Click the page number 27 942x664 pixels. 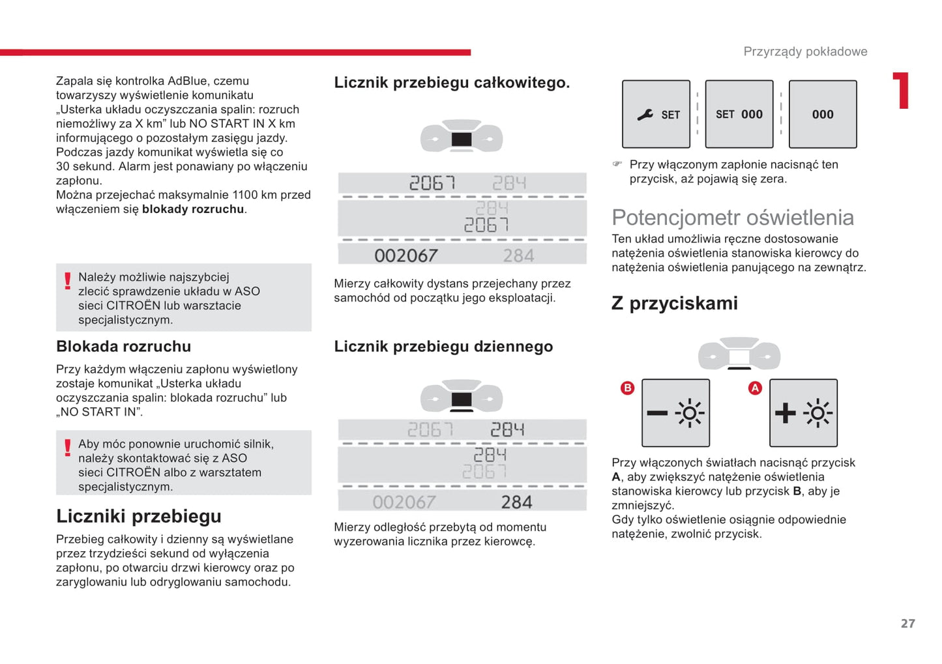point(907,624)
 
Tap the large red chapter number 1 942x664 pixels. point(902,91)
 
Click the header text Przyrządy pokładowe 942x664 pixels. point(805,51)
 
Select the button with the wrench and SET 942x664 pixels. point(656,114)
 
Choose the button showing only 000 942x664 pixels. point(822,114)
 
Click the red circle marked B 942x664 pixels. point(627,388)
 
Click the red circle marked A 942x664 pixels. point(755,388)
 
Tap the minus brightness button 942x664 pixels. point(675,413)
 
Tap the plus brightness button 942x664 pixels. point(803,413)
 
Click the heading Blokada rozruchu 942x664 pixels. point(123,347)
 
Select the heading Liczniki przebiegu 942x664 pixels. point(138,516)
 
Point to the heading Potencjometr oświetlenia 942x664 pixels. point(732,218)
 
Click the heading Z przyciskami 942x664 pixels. point(674,304)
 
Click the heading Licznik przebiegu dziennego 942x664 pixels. point(443,347)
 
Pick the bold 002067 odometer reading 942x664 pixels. point(405,255)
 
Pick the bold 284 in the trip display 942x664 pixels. point(516,502)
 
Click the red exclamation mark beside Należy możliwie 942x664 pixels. point(67,281)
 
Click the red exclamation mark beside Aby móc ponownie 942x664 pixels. point(67,448)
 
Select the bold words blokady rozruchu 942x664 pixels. point(193,209)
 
